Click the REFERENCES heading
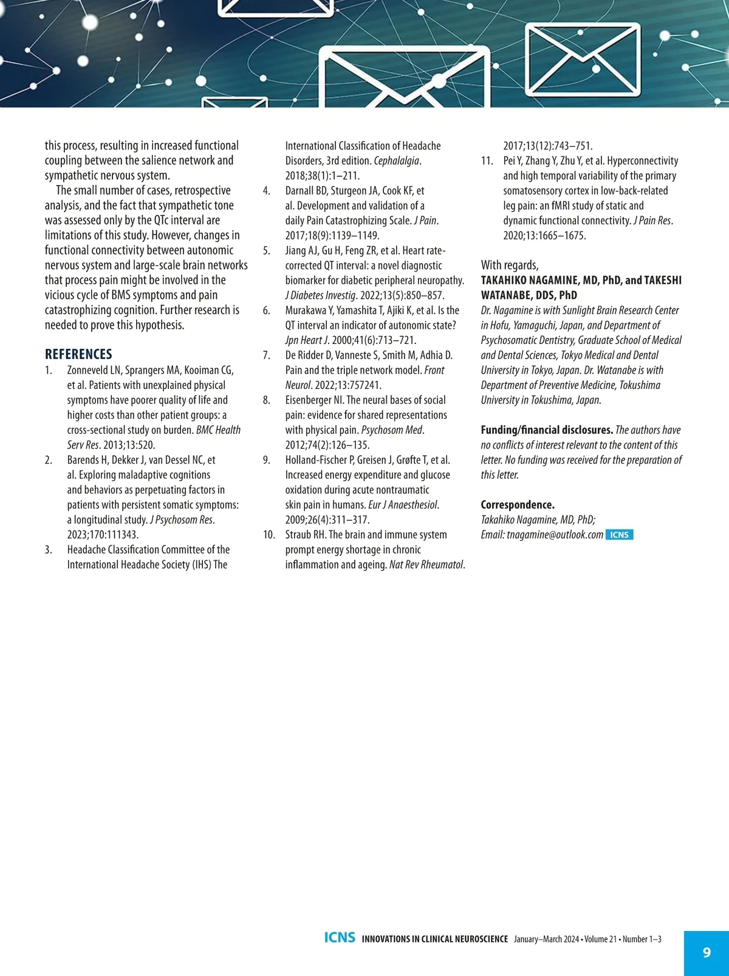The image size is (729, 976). click(78, 354)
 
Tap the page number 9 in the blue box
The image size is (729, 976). click(707, 952)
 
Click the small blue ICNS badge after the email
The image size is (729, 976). click(619, 535)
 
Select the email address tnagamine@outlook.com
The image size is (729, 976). click(555, 535)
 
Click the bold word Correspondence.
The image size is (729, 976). click(518, 505)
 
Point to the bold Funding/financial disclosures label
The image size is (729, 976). click(547, 430)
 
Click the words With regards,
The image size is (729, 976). click(510, 265)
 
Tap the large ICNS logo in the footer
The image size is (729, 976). click(340, 938)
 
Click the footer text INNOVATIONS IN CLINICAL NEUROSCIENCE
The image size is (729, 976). click(435, 940)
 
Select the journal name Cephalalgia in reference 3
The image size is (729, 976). click(396, 161)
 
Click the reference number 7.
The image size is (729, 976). click(266, 356)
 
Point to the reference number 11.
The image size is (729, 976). click(487, 161)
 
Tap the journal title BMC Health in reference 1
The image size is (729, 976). click(218, 430)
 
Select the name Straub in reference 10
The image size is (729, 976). click(298, 535)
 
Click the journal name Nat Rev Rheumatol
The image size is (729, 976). click(426, 565)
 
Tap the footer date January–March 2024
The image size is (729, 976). click(546, 940)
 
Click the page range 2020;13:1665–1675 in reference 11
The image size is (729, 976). click(544, 236)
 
